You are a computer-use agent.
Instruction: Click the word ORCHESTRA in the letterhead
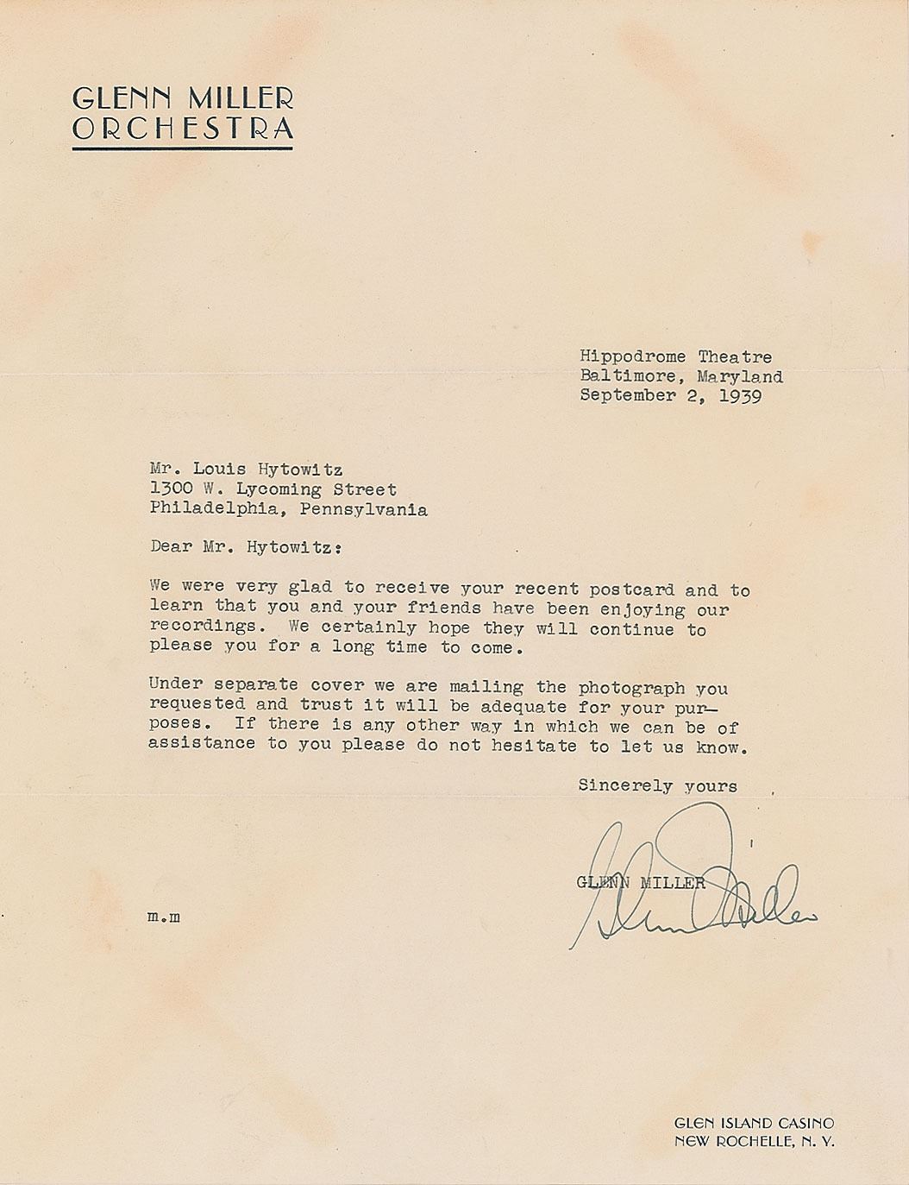[x=183, y=129]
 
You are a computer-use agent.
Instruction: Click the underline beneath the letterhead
[x=183, y=149]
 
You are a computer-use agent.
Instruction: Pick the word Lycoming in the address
[x=279, y=489]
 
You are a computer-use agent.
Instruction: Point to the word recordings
[x=203, y=627]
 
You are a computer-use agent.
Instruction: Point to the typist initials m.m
[x=164, y=917]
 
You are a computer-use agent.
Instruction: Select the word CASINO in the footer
[x=802, y=1123]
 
